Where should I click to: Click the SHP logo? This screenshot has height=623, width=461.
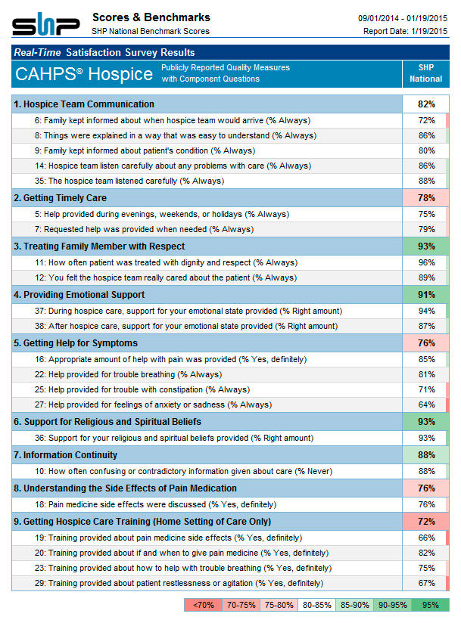click(x=45, y=24)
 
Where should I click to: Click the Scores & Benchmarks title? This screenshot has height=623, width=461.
click(x=151, y=17)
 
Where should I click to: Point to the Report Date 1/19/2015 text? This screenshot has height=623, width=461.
click(x=405, y=31)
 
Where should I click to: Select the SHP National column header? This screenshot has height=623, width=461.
click(x=426, y=73)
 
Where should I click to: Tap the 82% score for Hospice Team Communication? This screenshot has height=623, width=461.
click(x=426, y=104)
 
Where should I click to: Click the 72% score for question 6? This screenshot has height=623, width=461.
click(x=427, y=120)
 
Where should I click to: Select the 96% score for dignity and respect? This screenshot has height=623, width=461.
click(x=427, y=262)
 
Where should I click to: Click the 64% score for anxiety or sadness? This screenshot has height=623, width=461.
click(x=427, y=404)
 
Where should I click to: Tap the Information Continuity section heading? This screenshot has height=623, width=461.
click(x=66, y=455)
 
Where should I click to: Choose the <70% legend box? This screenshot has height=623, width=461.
click(x=204, y=605)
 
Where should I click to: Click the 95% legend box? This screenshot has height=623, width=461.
click(x=431, y=605)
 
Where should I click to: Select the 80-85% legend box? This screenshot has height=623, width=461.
click(x=317, y=605)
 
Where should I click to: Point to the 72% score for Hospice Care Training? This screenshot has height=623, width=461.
click(x=426, y=522)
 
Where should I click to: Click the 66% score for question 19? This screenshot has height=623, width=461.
click(x=427, y=538)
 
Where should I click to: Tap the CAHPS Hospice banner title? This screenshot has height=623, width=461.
click(x=84, y=74)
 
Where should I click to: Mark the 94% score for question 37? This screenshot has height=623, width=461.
click(x=427, y=311)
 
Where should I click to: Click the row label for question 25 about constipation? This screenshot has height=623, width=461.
click(x=142, y=390)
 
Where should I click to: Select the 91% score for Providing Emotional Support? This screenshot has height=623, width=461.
click(x=426, y=295)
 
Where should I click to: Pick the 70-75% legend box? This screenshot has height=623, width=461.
click(x=241, y=605)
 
